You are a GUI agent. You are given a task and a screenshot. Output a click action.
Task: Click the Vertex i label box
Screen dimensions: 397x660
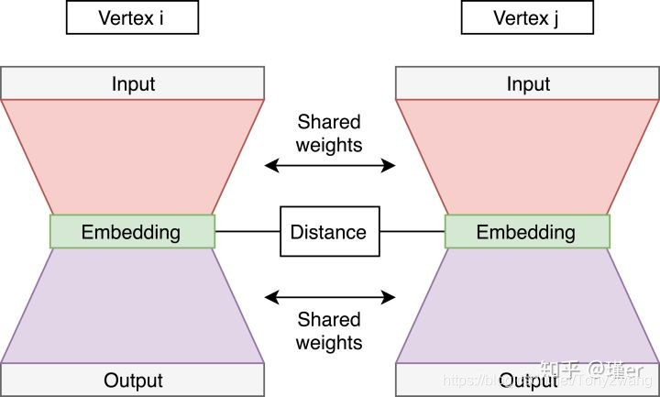[x=132, y=17]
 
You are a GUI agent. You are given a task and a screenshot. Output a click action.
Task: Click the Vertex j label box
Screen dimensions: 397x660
[x=527, y=17]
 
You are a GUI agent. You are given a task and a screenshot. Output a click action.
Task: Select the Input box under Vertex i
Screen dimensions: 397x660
[x=133, y=84]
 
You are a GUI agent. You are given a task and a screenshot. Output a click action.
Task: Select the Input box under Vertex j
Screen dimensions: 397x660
[x=528, y=84]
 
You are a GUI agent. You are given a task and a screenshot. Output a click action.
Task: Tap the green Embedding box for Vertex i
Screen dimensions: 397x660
[x=131, y=232]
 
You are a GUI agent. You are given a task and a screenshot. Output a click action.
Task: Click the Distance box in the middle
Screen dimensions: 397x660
[x=328, y=232]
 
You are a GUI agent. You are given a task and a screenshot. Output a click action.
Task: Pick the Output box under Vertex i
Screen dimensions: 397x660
[x=133, y=380]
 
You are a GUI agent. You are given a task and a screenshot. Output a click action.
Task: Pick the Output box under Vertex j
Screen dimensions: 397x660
[x=528, y=380]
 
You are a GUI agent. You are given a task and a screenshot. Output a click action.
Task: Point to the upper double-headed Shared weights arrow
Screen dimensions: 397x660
[x=329, y=166]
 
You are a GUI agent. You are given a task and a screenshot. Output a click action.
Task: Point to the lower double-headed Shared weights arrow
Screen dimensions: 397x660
[x=329, y=297]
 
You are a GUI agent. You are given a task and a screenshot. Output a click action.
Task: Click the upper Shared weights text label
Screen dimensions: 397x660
[x=329, y=133]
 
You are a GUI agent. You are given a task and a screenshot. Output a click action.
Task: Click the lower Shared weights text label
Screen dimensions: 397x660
[x=329, y=331]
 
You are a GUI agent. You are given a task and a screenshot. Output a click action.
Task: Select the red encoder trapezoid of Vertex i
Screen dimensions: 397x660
[x=133, y=151]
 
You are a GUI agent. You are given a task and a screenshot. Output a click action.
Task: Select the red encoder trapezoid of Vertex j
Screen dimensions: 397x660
[x=528, y=151]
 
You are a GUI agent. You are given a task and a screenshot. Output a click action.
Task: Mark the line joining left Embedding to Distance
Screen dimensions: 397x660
[x=247, y=232]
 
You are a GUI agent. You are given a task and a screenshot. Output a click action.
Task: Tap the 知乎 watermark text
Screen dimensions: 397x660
[x=557, y=370]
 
